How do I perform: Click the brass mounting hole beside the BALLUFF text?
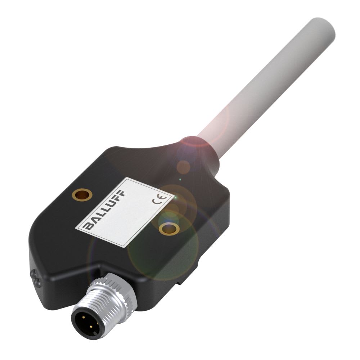pyautogui.click(x=82, y=195)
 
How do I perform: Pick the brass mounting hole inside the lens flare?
pyautogui.click(x=168, y=228)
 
